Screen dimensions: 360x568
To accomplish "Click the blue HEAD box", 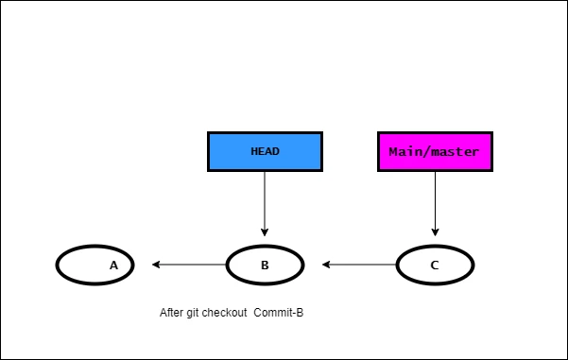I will coord(265,151).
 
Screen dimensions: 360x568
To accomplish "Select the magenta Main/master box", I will coord(435,151).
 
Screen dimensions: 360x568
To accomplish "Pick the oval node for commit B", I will coord(265,266).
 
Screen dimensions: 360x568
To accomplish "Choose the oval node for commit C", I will coord(435,266).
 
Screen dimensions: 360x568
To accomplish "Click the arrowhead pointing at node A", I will coord(157,265).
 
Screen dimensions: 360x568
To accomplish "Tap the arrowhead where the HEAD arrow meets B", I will coord(265,231).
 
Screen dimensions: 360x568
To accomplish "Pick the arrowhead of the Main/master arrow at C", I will coord(435,231).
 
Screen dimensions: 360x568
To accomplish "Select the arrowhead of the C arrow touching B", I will coord(326,265).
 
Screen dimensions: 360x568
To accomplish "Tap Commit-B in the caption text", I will coord(278,313).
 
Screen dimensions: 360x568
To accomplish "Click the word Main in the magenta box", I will coord(404,151).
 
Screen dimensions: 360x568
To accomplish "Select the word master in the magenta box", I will coord(456,151).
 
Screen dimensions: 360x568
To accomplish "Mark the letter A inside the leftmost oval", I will coord(113,266).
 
